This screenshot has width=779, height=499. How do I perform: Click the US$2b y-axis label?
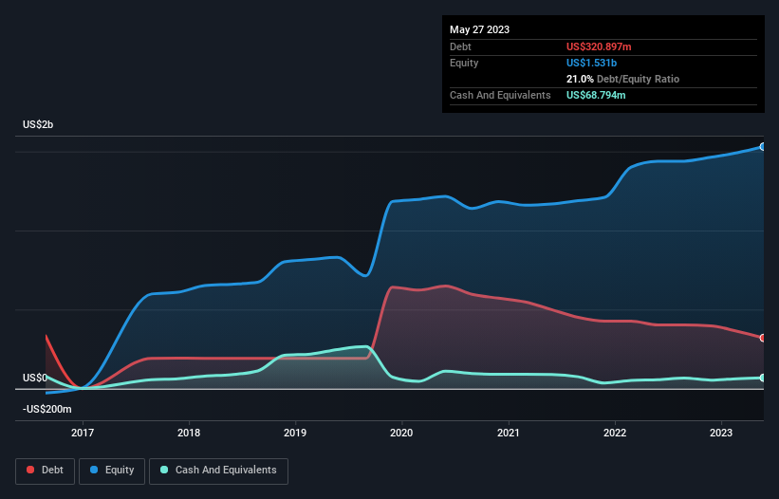point(39,125)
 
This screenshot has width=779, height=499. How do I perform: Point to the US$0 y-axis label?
point(36,378)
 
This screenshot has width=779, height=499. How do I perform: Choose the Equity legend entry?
point(113,471)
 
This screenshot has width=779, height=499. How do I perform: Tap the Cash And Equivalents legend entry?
point(218,471)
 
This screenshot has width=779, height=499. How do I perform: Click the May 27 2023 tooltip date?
point(479,29)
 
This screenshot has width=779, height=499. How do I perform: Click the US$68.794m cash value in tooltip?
point(596,95)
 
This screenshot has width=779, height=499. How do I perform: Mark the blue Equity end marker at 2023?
point(763,147)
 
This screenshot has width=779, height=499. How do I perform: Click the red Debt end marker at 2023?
point(763,338)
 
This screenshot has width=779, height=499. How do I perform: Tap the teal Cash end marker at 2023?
point(763,378)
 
